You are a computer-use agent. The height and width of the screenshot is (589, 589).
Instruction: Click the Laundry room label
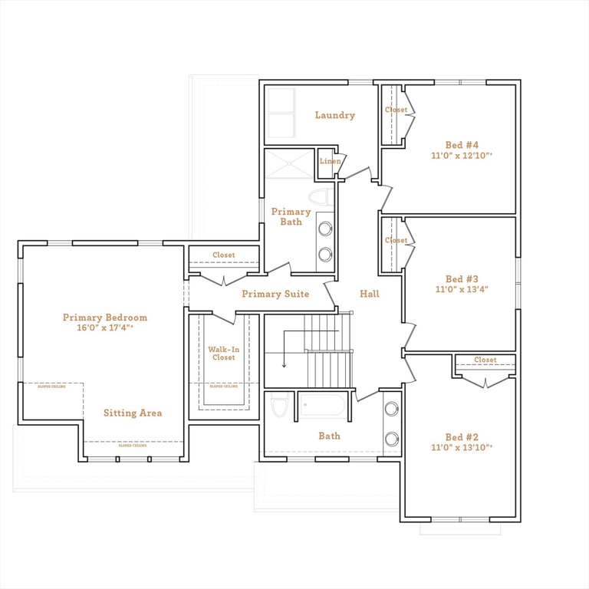[x=334, y=116]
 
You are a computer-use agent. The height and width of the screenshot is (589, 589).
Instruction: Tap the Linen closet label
[x=330, y=161]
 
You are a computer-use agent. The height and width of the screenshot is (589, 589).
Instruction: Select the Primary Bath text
[x=291, y=216]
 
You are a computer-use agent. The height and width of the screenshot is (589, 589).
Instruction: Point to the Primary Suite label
[x=275, y=294]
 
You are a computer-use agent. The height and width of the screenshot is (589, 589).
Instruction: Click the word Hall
[x=369, y=294]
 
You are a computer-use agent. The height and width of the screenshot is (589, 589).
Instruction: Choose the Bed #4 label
[x=462, y=145]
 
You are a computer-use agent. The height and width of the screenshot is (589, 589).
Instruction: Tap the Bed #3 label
[x=462, y=279]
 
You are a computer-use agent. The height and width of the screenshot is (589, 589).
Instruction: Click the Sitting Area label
[x=133, y=413]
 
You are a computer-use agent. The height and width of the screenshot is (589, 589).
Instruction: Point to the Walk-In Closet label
[x=223, y=354]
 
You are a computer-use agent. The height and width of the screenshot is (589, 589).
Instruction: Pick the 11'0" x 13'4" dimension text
[x=462, y=290]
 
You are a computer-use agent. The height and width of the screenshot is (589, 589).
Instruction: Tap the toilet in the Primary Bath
[x=323, y=197]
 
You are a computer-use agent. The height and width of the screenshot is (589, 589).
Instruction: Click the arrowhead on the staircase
[x=284, y=365]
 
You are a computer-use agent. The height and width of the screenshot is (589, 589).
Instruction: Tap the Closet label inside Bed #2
[x=485, y=360]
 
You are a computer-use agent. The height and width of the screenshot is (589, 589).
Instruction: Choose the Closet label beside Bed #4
[x=396, y=110]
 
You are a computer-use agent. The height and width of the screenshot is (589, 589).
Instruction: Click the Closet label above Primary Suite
[x=223, y=255]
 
